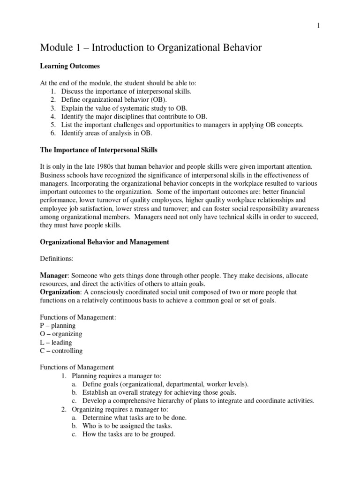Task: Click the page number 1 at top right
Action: point(318,26)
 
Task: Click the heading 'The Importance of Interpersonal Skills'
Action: point(98,150)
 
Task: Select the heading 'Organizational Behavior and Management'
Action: point(104,242)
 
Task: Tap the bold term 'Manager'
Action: point(54,276)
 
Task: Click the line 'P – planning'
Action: point(58,325)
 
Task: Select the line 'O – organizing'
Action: point(61,334)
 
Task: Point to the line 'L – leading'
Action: point(56,342)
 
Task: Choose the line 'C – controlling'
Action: point(61,351)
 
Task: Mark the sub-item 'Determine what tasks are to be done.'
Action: point(134,418)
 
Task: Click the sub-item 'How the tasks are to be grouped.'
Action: point(128,434)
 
